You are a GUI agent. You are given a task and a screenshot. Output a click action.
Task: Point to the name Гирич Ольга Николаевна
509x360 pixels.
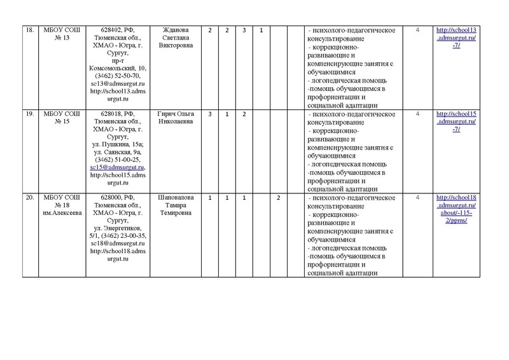click(x=172, y=118)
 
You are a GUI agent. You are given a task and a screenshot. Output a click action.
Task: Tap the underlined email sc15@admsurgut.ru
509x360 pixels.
click(x=118, y=167)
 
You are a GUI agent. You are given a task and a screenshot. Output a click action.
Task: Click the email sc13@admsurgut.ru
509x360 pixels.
click(x=118, y=84)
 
